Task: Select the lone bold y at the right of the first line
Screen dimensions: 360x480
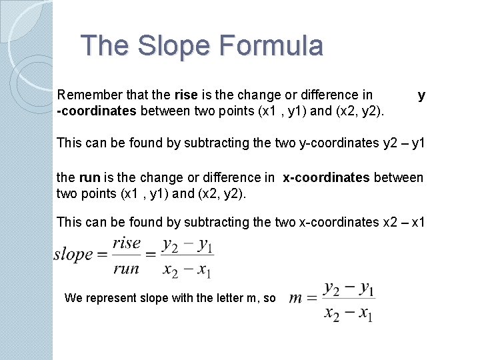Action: click(x=421, y=95)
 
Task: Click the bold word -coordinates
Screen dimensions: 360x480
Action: click(x=97, y=111)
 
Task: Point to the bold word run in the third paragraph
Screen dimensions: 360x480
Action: click(x=89, y=177)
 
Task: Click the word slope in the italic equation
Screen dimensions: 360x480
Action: click(x=73, y=254)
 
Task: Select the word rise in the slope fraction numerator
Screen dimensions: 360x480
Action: click(x=126, y=243)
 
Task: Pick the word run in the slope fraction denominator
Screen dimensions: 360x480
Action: click(x=126, y=269)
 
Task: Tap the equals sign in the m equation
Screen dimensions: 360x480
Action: click(x=312, y=299)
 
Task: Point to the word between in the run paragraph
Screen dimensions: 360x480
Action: click(x=398, y=177)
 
